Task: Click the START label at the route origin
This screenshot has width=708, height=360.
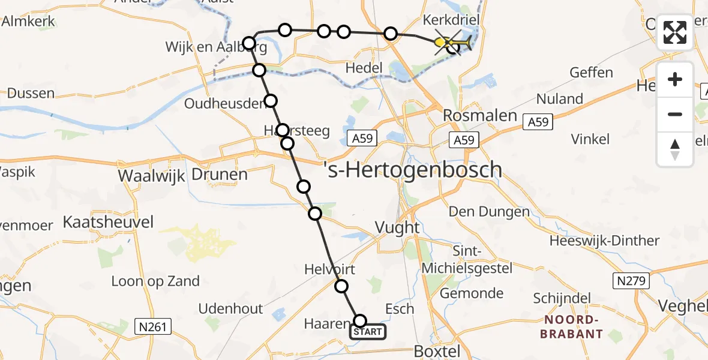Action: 368,332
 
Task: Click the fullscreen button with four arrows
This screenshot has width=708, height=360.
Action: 675,32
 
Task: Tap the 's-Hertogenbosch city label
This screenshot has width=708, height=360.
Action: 412,170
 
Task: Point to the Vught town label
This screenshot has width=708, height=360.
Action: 397,227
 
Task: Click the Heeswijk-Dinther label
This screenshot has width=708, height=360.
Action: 605,241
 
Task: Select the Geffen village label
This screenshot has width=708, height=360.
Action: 592,73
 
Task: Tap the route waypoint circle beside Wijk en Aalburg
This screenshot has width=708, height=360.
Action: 250,43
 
